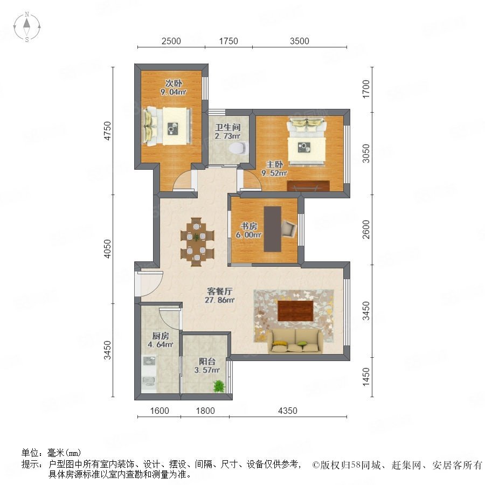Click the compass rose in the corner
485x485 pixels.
[27, 27]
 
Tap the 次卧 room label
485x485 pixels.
[174, 83]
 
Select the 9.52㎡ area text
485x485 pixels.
[274, 173]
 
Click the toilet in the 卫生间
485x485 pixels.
[239, 148]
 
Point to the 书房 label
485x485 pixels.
[248, 226]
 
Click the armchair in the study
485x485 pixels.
[289, 228]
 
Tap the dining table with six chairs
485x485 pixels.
[197, 241]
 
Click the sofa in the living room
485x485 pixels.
[295, 341]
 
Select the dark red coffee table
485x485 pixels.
[295, 310]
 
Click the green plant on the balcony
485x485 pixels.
[219, 386]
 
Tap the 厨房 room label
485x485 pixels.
[161, 336]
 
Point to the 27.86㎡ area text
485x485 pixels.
[220, 300]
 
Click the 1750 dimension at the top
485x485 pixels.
[228, 41]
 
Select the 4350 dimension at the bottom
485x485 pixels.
[288, 411]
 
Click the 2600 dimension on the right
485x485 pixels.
[366, 229]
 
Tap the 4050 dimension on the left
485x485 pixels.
[107, 248]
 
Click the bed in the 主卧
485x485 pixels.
[307, 141]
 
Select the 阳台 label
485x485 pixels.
[207, 361]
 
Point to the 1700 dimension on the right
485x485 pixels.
[366, 89]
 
